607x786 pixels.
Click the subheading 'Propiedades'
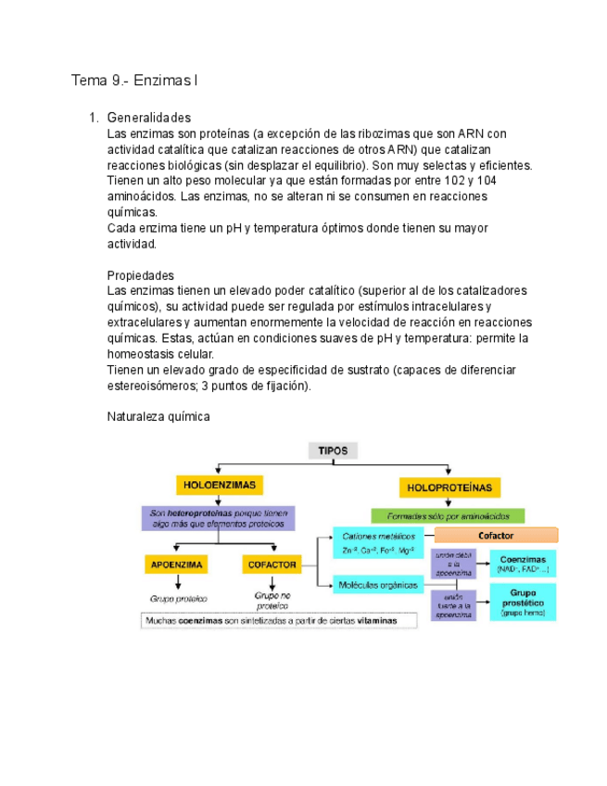(x=141, y=275)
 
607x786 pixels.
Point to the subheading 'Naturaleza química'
(x=159, y=416)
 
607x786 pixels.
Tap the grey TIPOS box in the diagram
(x=334, y=450)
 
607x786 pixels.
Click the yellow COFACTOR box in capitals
(x=272, y=564)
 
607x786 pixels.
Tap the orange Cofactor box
(x=496, y=536)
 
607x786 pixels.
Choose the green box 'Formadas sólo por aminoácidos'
(x=448, y=515)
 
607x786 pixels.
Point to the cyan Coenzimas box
(x=523, y=564)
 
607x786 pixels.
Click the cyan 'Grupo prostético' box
(x=523, y=602)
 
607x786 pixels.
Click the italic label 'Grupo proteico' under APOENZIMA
(x=178, y=598)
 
